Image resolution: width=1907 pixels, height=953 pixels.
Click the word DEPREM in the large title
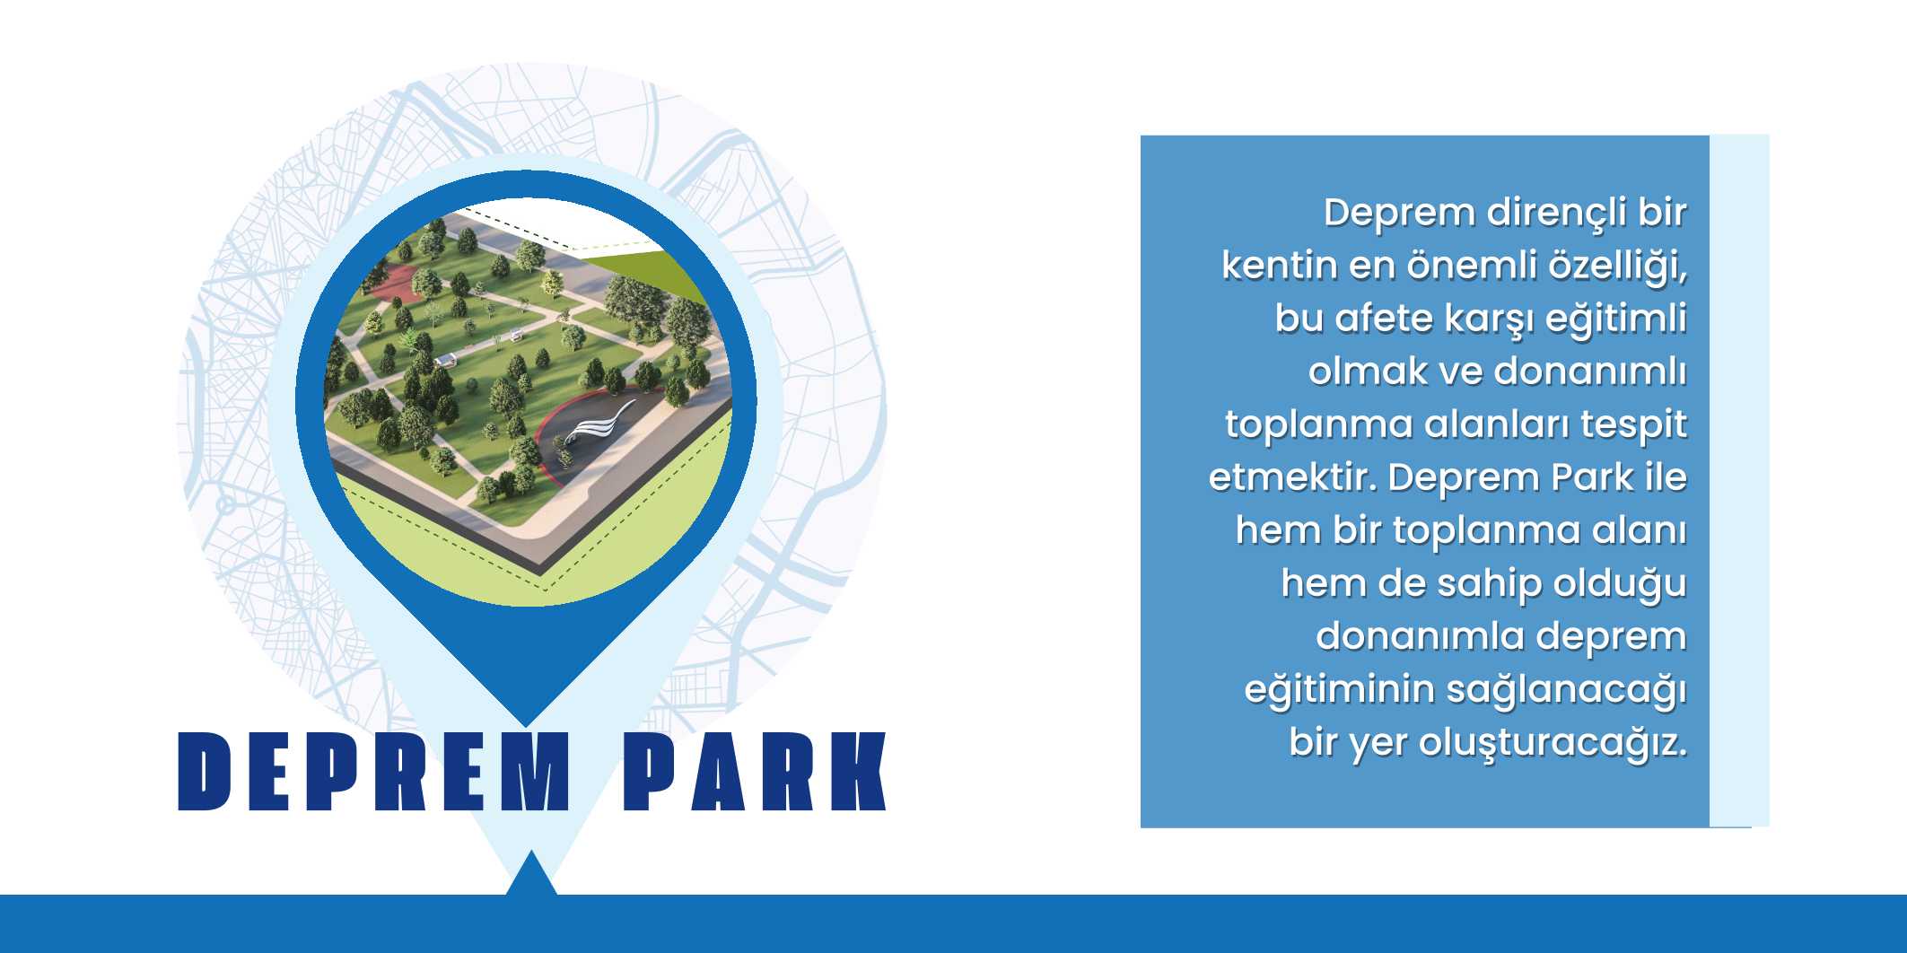(374, 772)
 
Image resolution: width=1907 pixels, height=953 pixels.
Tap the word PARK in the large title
(755, 772)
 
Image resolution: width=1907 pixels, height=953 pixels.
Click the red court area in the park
(391, 282)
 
